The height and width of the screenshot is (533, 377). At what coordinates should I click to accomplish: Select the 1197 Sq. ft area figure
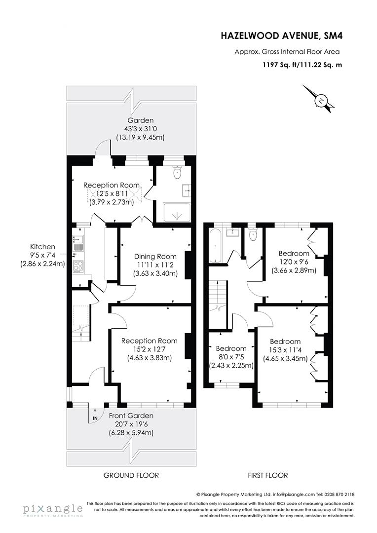pyautogui.click(x=280, y=64)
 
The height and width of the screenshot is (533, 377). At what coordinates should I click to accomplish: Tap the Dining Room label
pyautogui.click(x=155, y=257)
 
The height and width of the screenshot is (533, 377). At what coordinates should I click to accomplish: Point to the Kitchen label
pyautogui.click(x=42, y=247)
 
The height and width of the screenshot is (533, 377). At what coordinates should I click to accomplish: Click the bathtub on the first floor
pyautogui.click(x=216, y=246)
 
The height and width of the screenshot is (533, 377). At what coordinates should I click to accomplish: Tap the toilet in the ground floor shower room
pyautogui.click(x=177, y=174)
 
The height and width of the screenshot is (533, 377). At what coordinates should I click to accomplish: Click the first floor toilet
pyautogui.click(x=253, y=235)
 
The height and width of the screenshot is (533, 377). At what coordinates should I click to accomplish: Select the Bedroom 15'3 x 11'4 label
pyautogui.click(x=285, y=342)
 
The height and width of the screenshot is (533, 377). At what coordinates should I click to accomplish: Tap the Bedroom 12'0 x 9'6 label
pyautogui.click(x=294, y=253)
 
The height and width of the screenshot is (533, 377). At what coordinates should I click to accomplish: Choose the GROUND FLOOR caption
pyautogui.click(x=131, y=475)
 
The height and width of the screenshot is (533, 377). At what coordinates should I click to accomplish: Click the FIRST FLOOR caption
pyautogui.click(x=267, y=475)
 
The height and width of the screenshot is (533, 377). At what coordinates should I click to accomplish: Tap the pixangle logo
pyautogui.click(x=52, y=510)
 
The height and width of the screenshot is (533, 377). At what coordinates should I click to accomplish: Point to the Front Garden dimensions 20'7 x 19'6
pyautogui.click(x=131, y=424)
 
